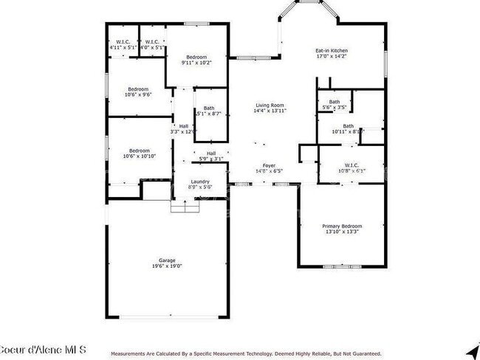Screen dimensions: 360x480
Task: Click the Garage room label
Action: coord(167,260)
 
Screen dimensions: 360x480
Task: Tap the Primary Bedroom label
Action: coord(342,226)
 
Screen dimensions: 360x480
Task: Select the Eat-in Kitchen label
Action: coord(332,50)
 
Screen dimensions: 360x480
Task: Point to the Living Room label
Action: coord(270,105)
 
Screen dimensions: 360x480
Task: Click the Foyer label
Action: coord(269,165)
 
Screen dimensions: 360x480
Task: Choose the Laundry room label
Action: coord(200,181)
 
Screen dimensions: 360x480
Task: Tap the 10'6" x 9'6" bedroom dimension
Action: coord(137,94)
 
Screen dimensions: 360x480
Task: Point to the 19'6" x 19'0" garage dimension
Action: coord(167,266)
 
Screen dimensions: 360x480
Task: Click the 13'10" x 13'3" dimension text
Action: coord(342,232)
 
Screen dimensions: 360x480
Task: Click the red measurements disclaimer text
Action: coord(246,354)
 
